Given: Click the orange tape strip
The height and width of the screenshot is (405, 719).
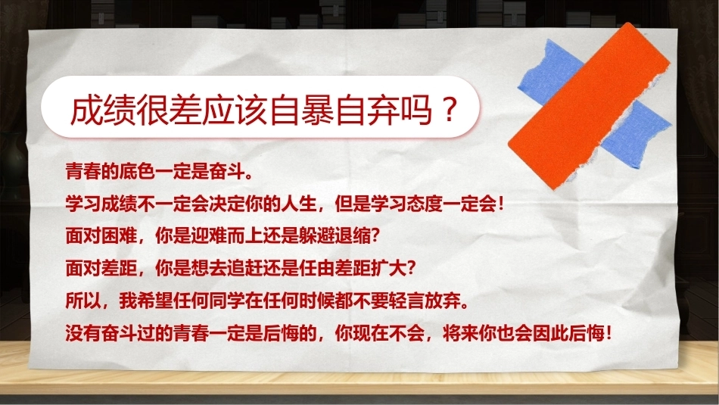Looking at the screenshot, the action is tap(590, 105).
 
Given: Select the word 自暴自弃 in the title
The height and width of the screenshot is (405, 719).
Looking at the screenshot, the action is tap(335, 110).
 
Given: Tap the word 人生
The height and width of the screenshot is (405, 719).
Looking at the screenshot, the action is tap(299, 204).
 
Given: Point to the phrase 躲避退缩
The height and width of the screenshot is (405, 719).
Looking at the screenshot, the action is tap(335, 236).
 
